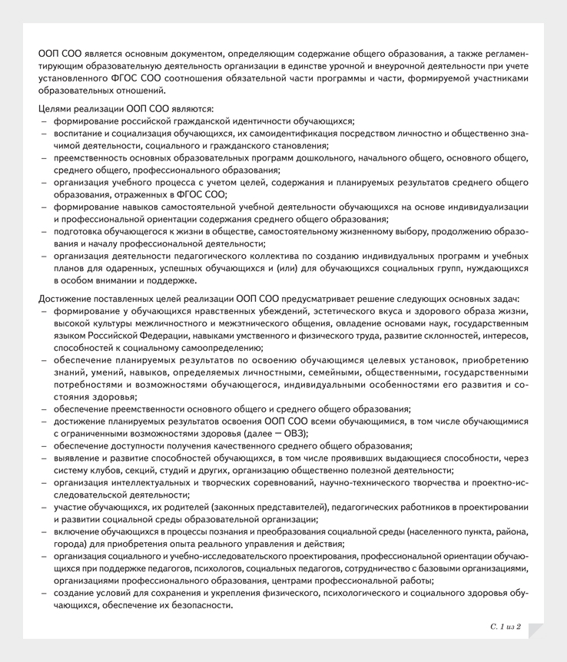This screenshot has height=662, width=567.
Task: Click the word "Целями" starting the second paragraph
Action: pos(54,108)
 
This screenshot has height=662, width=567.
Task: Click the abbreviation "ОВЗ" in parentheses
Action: pos(289,433)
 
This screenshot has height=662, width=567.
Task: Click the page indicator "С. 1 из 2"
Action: pos(506,627)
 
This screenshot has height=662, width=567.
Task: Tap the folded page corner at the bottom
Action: pos(535,630)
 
